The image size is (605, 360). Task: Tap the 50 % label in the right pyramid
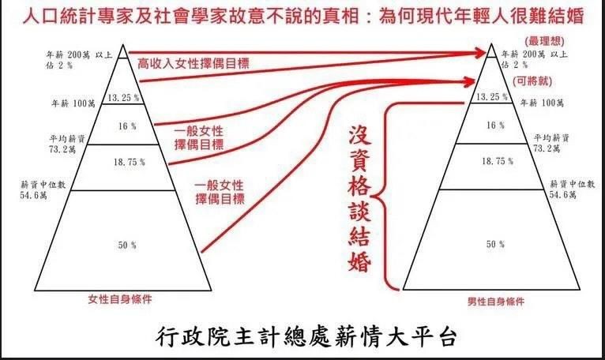pos(494,246)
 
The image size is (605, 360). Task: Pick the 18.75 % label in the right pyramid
pos(494,160)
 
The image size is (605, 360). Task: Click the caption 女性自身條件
pos(119,298)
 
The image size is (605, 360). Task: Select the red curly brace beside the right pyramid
pos(387,193)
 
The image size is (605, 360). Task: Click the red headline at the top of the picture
pos(302,15)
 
